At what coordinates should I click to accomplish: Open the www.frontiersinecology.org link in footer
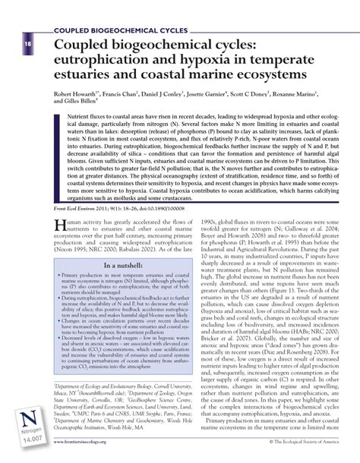click(x=96, y=455)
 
